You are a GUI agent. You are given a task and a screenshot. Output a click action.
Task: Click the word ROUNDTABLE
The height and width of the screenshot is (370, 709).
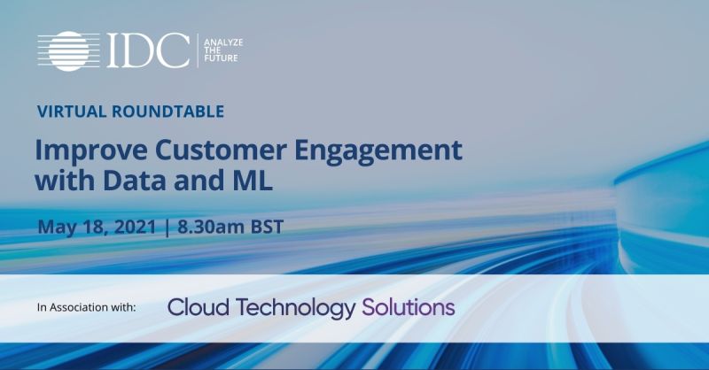click(x=168, y=112)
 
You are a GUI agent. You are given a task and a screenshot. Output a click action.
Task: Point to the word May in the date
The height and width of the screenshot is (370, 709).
click(x=55, y=227)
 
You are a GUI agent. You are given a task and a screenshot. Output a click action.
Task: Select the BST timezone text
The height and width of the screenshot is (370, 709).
click(x=268, y=227)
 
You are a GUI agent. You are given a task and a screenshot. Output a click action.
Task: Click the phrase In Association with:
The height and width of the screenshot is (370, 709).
click(x=86, y=308)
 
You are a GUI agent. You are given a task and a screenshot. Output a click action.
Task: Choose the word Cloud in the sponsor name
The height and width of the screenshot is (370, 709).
click(x=195, y=307)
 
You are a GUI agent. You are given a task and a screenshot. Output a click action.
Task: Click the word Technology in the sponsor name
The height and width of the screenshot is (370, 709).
click(x=292, y=307)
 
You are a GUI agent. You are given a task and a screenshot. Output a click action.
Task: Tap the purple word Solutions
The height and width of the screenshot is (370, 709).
click(x=409, y=307)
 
